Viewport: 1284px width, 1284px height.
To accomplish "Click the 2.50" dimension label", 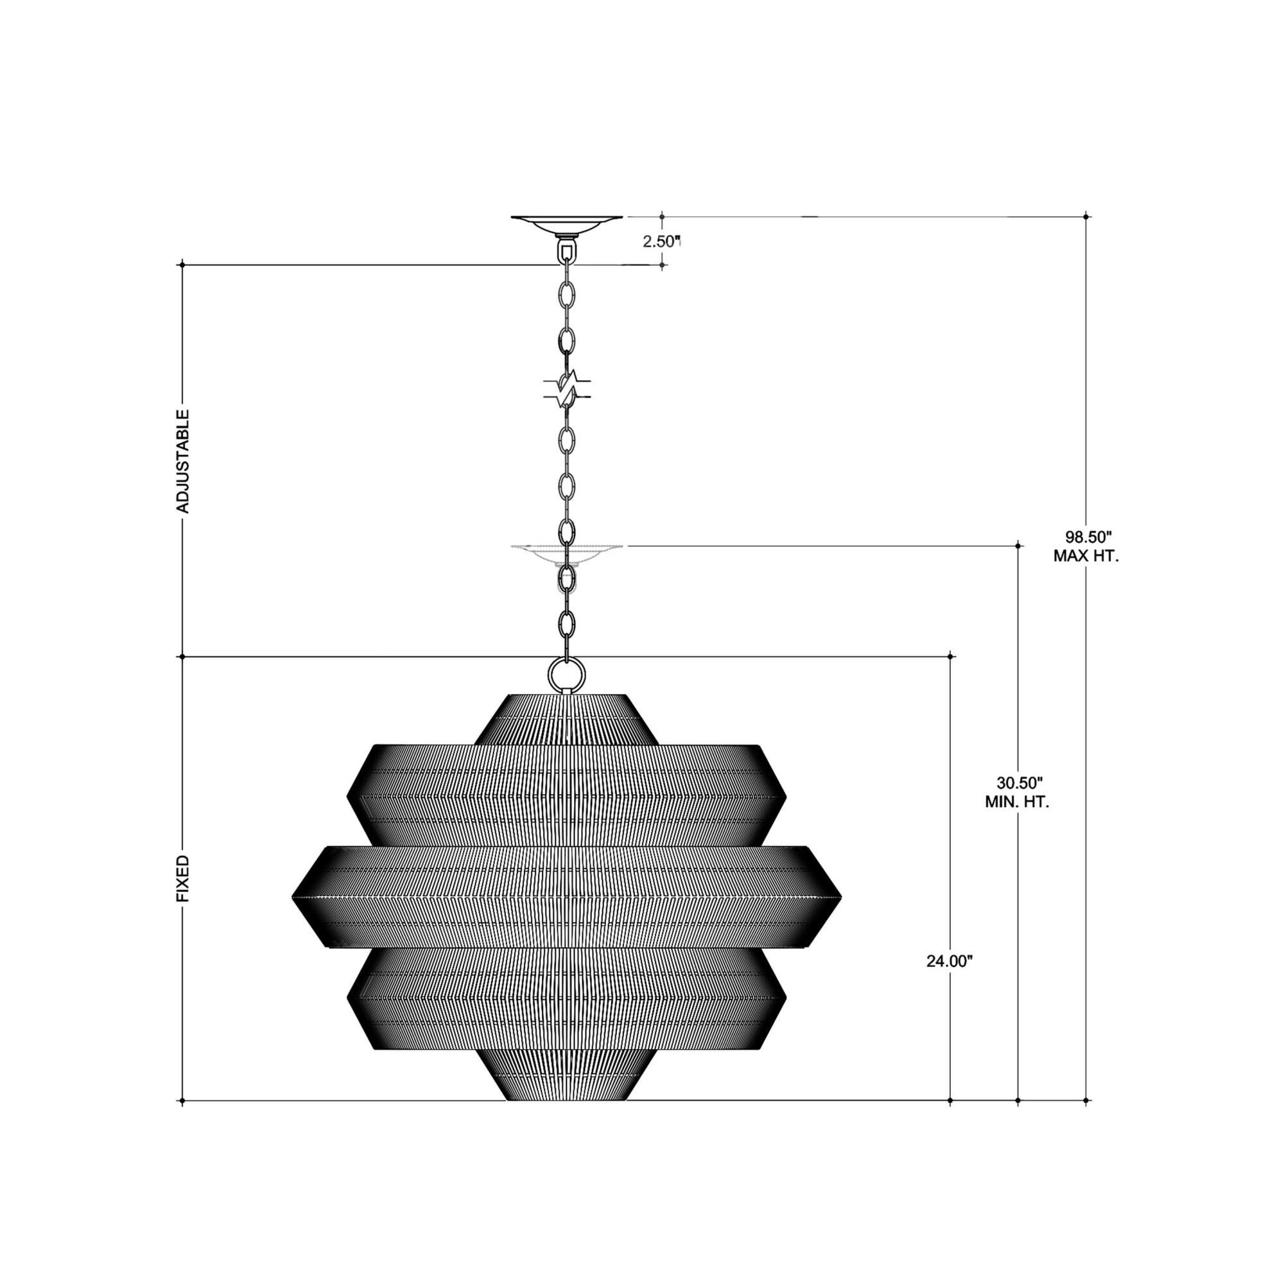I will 662,241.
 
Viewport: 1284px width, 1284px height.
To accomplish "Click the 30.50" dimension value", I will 1017,782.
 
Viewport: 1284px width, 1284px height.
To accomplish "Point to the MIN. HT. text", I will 1017,802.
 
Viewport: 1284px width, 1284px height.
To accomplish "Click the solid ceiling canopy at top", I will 566,225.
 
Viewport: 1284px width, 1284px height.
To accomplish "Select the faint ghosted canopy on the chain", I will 566,552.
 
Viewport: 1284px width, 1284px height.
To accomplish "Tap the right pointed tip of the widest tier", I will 841,896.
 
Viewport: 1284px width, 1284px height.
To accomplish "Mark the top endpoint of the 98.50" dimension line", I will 1086,216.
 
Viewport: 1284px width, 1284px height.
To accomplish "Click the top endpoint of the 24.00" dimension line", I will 950,657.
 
